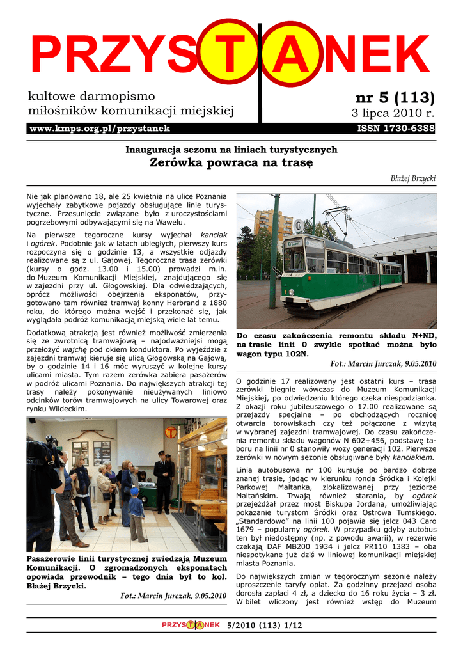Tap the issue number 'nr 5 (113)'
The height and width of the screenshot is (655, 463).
pos(395,98)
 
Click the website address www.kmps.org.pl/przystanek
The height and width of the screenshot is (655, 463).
pos(100,129)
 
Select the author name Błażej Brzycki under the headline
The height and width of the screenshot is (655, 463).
pos(413,178)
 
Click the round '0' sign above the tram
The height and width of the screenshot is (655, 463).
pos(298,225)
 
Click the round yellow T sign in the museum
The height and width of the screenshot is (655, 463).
pos(170,432)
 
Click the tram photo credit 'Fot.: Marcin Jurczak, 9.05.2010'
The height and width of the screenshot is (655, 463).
pos(383,364)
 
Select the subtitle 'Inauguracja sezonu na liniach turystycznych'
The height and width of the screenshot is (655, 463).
pos(231,150)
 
